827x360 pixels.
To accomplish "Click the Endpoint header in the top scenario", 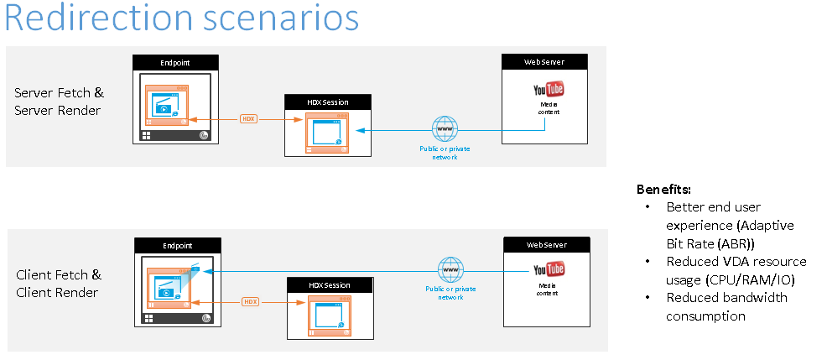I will tap(176, 62).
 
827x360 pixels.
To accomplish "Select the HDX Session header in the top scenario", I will tap(328, 102).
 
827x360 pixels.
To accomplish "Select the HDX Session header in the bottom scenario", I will tap(330, 284).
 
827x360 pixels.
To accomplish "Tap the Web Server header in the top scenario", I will tap(544, 62).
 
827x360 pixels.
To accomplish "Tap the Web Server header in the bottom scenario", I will tap(546, 245).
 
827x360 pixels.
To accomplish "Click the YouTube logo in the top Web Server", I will tap(549, 89).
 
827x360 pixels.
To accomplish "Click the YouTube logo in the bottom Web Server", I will tap(549, 269).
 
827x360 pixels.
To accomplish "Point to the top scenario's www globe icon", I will tap(444, 129).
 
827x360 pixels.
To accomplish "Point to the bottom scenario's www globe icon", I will tap(450, 270).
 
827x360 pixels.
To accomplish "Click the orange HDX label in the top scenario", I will tap(248, 119).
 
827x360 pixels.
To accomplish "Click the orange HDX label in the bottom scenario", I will tap(250, 301).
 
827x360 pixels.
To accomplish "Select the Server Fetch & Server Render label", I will tap(59, 101).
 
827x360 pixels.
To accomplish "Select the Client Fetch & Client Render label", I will tap(59, 284).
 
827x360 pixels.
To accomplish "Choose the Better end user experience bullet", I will tap(730, 225).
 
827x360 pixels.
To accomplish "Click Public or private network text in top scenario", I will tap(444, 153).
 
